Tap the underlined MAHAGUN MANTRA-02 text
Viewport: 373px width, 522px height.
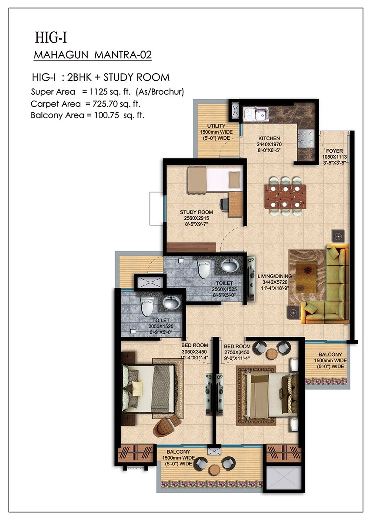click(93, 55)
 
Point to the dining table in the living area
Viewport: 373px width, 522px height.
click(285, 195)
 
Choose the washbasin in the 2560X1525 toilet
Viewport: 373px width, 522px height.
click(229, 265)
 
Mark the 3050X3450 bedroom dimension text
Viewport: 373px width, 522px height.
click(195, 352)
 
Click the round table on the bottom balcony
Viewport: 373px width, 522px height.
click(213, 470)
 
